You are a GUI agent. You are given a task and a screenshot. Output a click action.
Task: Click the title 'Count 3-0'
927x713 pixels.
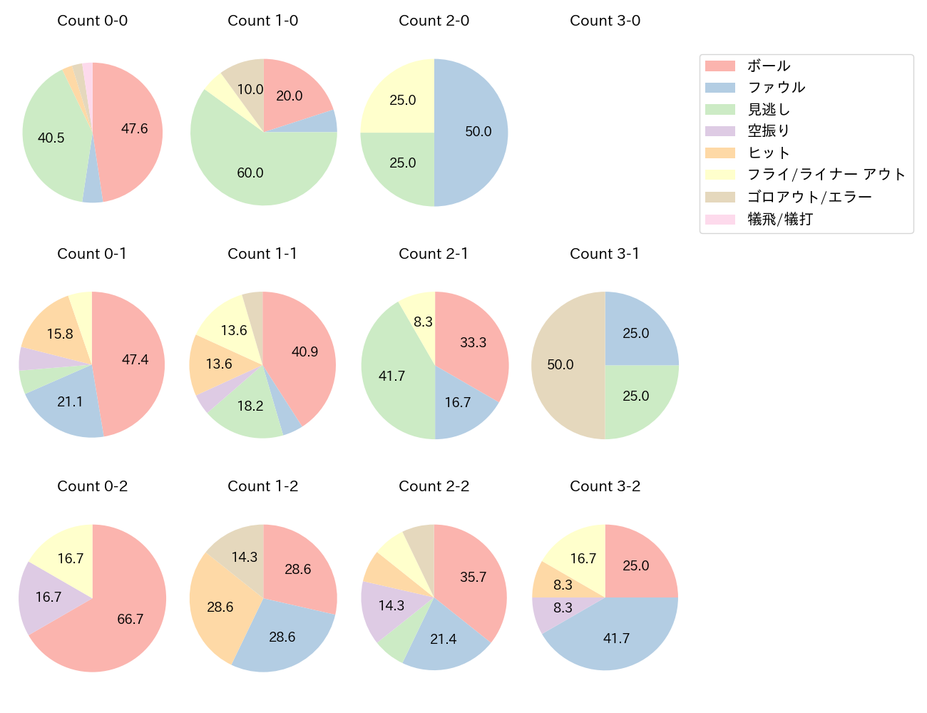click(x=605, y=21)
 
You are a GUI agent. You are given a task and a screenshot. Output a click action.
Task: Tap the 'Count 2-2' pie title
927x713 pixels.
click(x=434, y=486)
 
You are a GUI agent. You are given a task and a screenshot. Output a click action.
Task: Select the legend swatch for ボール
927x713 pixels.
click(x=719, y=66)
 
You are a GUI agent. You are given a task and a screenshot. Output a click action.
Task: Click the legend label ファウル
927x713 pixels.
click(x=776, y=88)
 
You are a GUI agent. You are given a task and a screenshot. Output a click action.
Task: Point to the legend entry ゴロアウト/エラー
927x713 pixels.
click(x=809, y=197)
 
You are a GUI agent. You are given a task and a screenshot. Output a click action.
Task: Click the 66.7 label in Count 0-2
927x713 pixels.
click(x=130, y=619)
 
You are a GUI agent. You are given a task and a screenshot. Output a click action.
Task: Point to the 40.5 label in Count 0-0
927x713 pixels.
click(x=51, y=138)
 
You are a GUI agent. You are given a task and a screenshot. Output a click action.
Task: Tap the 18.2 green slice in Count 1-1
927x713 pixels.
click(x=250, y=406)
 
